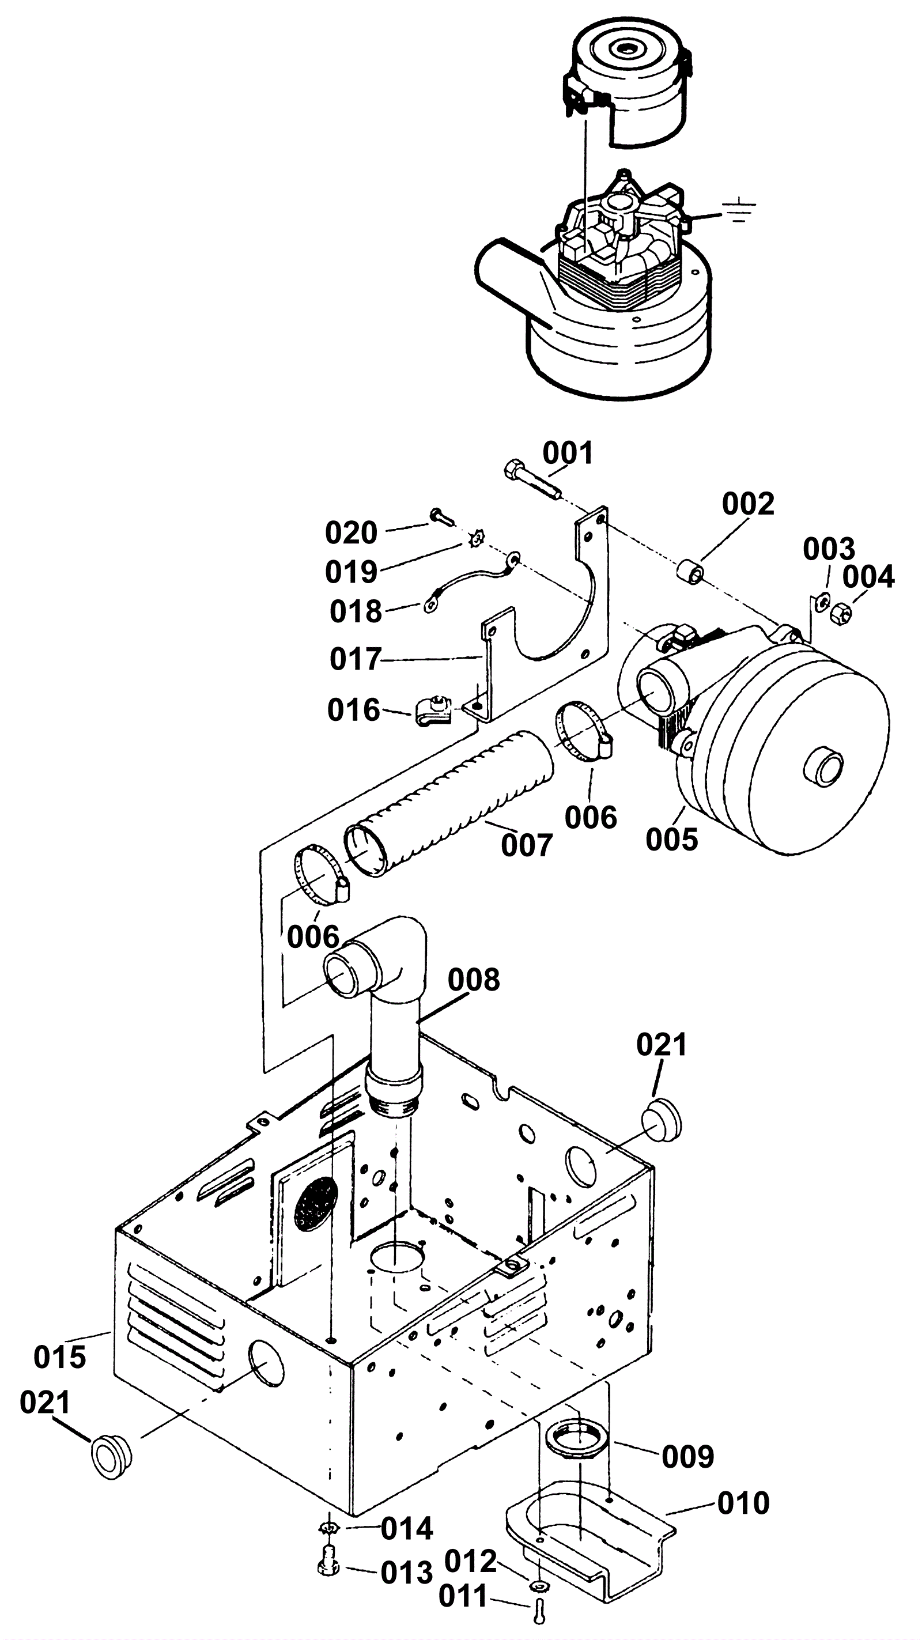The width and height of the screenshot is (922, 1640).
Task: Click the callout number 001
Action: [x=568, y=454]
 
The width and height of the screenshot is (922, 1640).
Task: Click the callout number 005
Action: [x=672, y=840]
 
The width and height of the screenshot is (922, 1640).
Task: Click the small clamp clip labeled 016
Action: [x=433, y=710]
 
